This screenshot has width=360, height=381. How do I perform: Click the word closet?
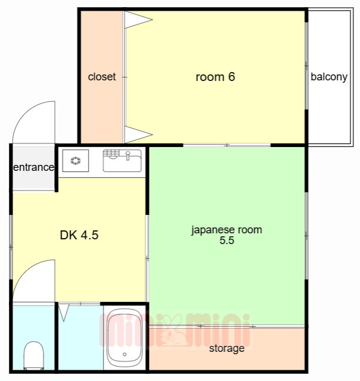click(102, 77)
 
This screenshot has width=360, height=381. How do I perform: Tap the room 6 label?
click(215, 77)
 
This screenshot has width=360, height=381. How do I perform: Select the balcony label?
click(329, 77)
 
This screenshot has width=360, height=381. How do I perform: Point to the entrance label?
click(33, 167)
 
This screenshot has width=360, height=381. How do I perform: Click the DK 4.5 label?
click(79, 235)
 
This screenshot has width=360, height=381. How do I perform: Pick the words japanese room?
click(226, 230)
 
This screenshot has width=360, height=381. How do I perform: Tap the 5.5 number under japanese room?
click(226, 241)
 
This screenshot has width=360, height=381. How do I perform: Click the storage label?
click(226, 348)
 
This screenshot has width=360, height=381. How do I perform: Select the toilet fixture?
click(34, 355)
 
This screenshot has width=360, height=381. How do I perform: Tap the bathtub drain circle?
click(125, 355)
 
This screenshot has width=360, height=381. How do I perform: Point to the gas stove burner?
click(76, 161)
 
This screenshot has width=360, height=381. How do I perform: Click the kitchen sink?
click(122, 161)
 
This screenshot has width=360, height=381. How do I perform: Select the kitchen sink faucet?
click(128, 155)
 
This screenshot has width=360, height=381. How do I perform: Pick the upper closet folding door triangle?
click(138, 20)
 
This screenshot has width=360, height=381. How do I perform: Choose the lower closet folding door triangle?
click(138, 135)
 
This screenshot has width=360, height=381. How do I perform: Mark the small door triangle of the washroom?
click(64, 313)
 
